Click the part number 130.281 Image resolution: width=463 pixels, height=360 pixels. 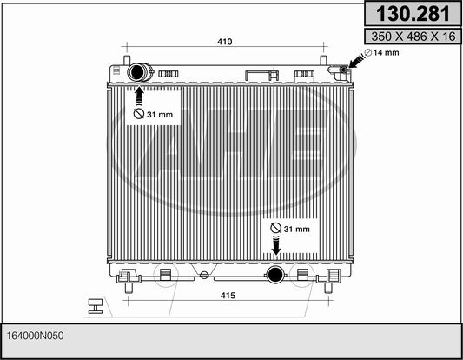[x=413, y=14]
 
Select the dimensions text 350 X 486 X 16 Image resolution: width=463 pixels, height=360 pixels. [x=413, y=37]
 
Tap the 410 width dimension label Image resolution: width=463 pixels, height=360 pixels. [x=225, y=42]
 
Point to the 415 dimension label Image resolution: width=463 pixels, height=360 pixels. [x=228, y=296]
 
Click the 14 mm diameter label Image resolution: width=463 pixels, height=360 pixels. [x=382, y=53]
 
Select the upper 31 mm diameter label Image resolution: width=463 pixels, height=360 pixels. [x=153, y=114]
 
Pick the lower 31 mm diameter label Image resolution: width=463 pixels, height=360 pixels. [x=290, y=229]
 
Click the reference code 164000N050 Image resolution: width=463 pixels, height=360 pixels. [x=35, y=336]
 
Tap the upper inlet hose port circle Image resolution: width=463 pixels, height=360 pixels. [x=136, y=72]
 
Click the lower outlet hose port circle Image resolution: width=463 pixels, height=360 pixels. [x=275, y=275]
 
